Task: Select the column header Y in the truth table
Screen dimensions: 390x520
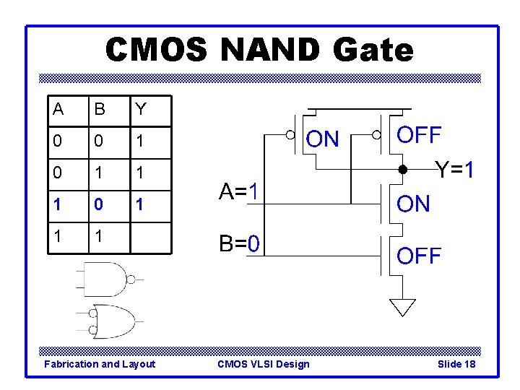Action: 141,109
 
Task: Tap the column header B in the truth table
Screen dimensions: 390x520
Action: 100,109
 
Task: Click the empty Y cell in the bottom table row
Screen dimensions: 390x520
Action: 150,237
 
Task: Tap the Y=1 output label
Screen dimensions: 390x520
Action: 454,170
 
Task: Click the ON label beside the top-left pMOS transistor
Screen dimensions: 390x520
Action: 322,139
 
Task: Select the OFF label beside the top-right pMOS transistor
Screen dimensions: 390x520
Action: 420,135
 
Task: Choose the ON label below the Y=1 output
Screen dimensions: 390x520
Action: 413,204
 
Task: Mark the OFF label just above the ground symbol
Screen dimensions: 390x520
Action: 420,256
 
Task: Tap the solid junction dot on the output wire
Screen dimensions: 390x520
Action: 403,171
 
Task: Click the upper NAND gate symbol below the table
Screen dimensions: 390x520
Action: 105,279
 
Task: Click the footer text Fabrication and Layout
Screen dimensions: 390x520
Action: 100,364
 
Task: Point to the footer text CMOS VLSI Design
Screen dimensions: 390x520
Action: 263,364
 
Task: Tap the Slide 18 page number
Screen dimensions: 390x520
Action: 456,364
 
